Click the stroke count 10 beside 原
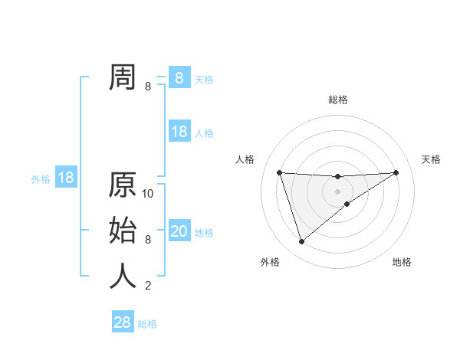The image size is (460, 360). click(x=149, y=194)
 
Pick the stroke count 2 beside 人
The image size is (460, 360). click(x=147, y=286)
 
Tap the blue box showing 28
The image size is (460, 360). click(x=123, y=322)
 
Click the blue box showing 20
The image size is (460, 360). click(x=179, y=231)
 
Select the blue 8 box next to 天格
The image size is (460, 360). click(x=179, y=78)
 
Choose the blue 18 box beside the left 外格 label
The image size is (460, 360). click(x=66, y=178)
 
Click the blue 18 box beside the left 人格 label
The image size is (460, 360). click(x=179, y=132)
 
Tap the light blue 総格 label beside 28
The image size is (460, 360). click(x=147, y=324)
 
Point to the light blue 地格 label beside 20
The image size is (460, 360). click(x=204, y=233)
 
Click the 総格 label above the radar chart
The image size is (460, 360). click(x=338, y=100)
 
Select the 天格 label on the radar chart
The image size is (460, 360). click(x=432, y=159)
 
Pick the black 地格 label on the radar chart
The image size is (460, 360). click(x=402, y=262)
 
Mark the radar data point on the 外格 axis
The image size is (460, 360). click(x=301, y=242)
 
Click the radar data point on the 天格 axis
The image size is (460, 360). click(x=396, y=172)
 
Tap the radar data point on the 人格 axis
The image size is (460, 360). click(x=279, y=172)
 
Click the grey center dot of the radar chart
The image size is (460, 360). click(x=337, y=191)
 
